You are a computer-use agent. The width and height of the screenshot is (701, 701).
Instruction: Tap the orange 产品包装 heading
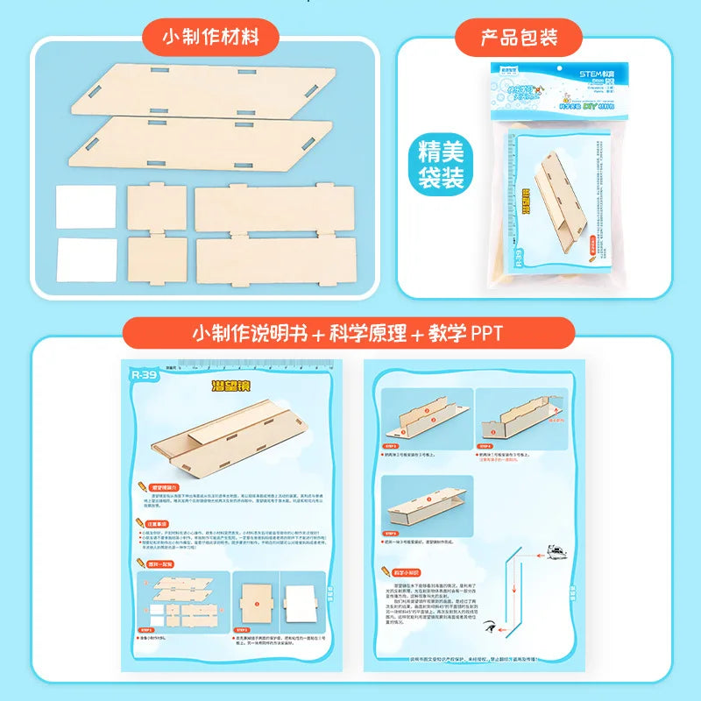click(x=519, y=38)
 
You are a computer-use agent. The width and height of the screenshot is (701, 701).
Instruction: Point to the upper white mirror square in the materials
click(x=86, y=208)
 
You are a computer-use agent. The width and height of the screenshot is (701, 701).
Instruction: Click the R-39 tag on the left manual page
click(x=140, y=373)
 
